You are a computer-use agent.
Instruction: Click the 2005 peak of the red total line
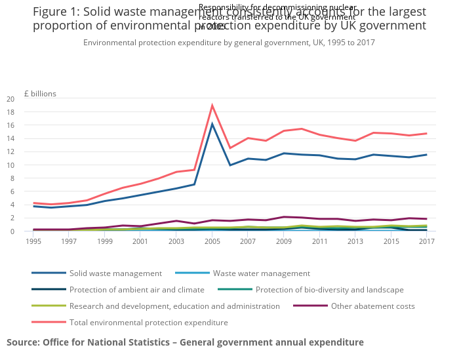click(212, 106)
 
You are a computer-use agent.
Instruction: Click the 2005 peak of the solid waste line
click(212, 124)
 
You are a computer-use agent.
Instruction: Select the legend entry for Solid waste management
click(115, 273)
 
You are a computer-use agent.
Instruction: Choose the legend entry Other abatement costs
click(372, 306)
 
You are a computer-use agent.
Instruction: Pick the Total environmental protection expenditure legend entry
click(148, 322)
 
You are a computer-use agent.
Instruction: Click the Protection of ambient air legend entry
click(137, 289)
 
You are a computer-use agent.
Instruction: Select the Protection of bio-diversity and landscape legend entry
click(329, 289)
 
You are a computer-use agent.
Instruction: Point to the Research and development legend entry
click(174, 306)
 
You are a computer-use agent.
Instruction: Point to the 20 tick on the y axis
click(28, 99)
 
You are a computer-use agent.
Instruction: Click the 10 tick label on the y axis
click(28, 165)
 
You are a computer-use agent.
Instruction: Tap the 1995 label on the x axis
click(33, 241)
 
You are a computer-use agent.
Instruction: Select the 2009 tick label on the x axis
click(284, 241)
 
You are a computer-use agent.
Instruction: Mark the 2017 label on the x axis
click(426, 241)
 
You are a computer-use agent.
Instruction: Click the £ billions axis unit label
click(41, 93)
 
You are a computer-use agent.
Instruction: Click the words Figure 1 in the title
click(55, 12)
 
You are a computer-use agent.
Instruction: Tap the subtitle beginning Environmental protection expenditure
click(229, 43)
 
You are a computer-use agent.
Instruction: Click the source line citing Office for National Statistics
click(185, 342)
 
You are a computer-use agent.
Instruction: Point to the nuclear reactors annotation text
click(277, 16)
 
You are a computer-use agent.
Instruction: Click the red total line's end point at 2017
click(426, 134)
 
